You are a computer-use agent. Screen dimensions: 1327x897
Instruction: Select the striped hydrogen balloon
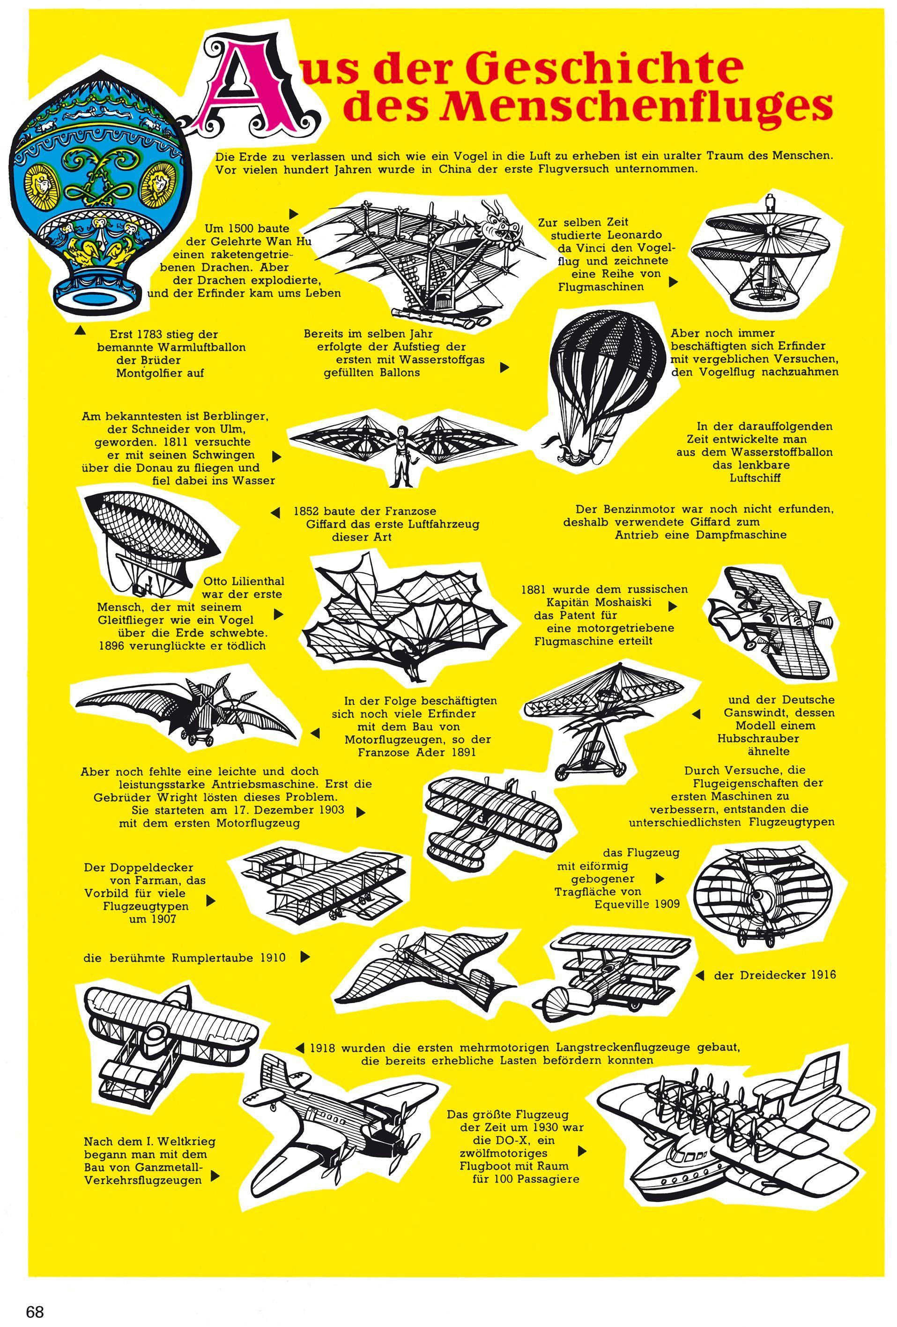(x=606, y=371)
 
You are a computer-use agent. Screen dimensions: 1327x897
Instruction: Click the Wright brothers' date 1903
(x=331, y=810)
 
